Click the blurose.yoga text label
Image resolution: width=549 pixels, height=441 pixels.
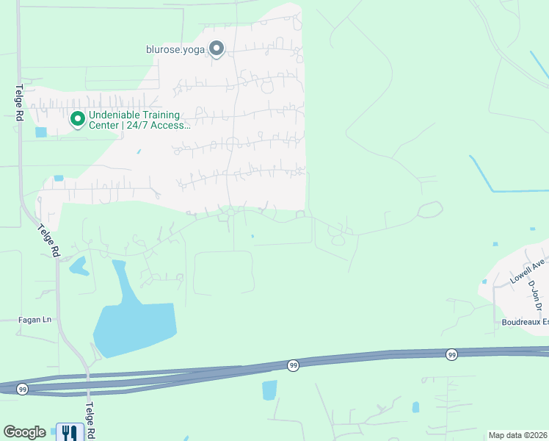pyautogui.click(x=175, y=50)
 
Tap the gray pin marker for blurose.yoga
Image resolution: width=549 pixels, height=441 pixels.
pyautogui.click(x=217, y=49)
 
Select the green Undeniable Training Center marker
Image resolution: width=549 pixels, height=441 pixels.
pyautogui.click(x=77, y=118)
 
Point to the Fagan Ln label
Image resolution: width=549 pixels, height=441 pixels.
pyautogui.click(x=36, y=320)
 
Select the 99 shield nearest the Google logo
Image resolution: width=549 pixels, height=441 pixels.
pyautogui.click(x=22, y=389)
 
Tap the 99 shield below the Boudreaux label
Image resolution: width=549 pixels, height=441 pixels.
pyautogui.click(x=451, y=354)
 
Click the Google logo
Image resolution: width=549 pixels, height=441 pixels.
pyautogui.click(x=24, y=432)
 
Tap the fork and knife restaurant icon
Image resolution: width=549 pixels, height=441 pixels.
pyautogui.click(x=70, y=432)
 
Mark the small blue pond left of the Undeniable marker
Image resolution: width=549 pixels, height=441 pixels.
pyautogui.click(x=40, y=132)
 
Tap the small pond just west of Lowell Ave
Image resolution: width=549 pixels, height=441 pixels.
pyautogui.click(x=484, y=281)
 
